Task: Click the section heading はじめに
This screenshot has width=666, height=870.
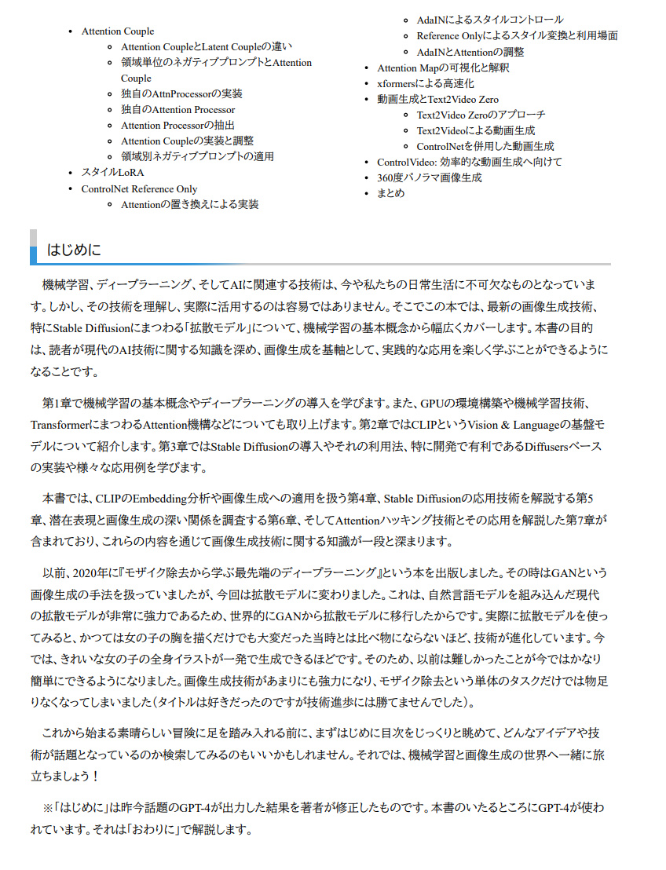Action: (74, 250)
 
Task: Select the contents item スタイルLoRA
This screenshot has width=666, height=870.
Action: (112, 172)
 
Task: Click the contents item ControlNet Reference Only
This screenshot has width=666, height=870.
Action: (139, 189)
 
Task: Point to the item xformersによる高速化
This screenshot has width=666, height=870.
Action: (425, 83)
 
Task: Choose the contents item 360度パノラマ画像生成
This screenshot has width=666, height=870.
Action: (429, 177)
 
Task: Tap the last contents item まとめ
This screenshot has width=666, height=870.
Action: (390, 193)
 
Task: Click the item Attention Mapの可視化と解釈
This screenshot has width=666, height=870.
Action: (443, 68)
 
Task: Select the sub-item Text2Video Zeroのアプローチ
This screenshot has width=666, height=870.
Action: (481, 115)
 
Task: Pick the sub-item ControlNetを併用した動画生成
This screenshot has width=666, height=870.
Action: (485, 146)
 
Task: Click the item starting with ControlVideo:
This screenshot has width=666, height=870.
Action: (470, 162)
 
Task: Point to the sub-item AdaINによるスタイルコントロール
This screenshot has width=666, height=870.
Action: (490, 20)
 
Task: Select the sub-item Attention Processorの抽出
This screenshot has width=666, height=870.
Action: (177, 126)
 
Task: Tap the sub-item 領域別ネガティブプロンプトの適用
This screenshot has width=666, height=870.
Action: (197, 156)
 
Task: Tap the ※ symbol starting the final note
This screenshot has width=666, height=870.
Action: (47, 807)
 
